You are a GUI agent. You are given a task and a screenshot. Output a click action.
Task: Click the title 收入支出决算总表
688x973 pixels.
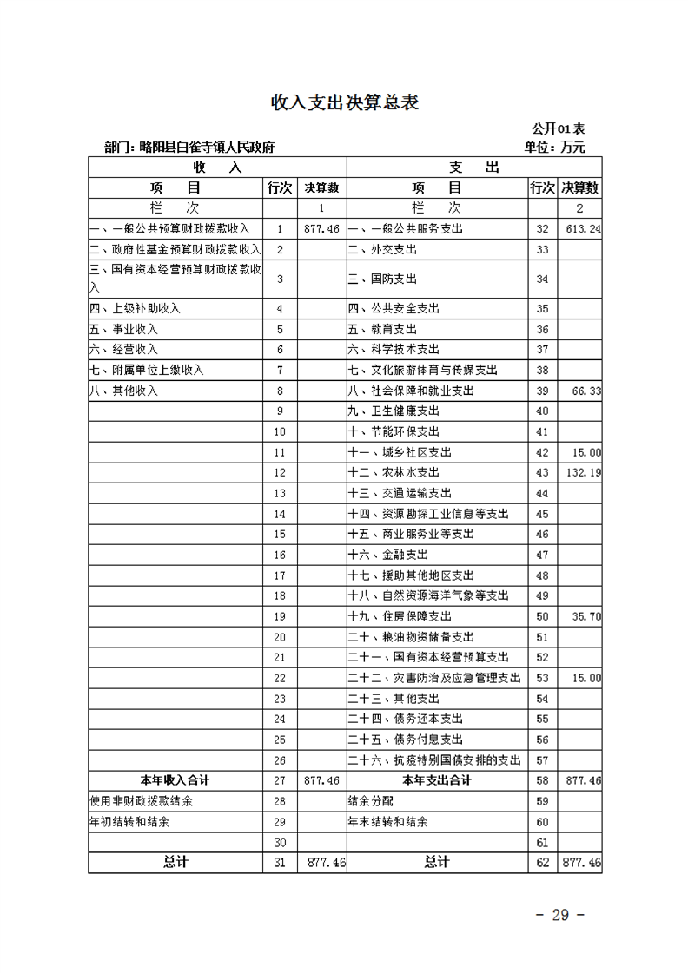345,102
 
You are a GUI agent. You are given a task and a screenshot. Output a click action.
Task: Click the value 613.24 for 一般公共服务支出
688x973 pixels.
583,229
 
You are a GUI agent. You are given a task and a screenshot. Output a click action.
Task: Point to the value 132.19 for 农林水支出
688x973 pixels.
583,473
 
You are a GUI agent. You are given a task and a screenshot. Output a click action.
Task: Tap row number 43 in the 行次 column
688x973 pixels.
543,473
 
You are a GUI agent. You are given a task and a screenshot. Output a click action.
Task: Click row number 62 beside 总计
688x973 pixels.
543,863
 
